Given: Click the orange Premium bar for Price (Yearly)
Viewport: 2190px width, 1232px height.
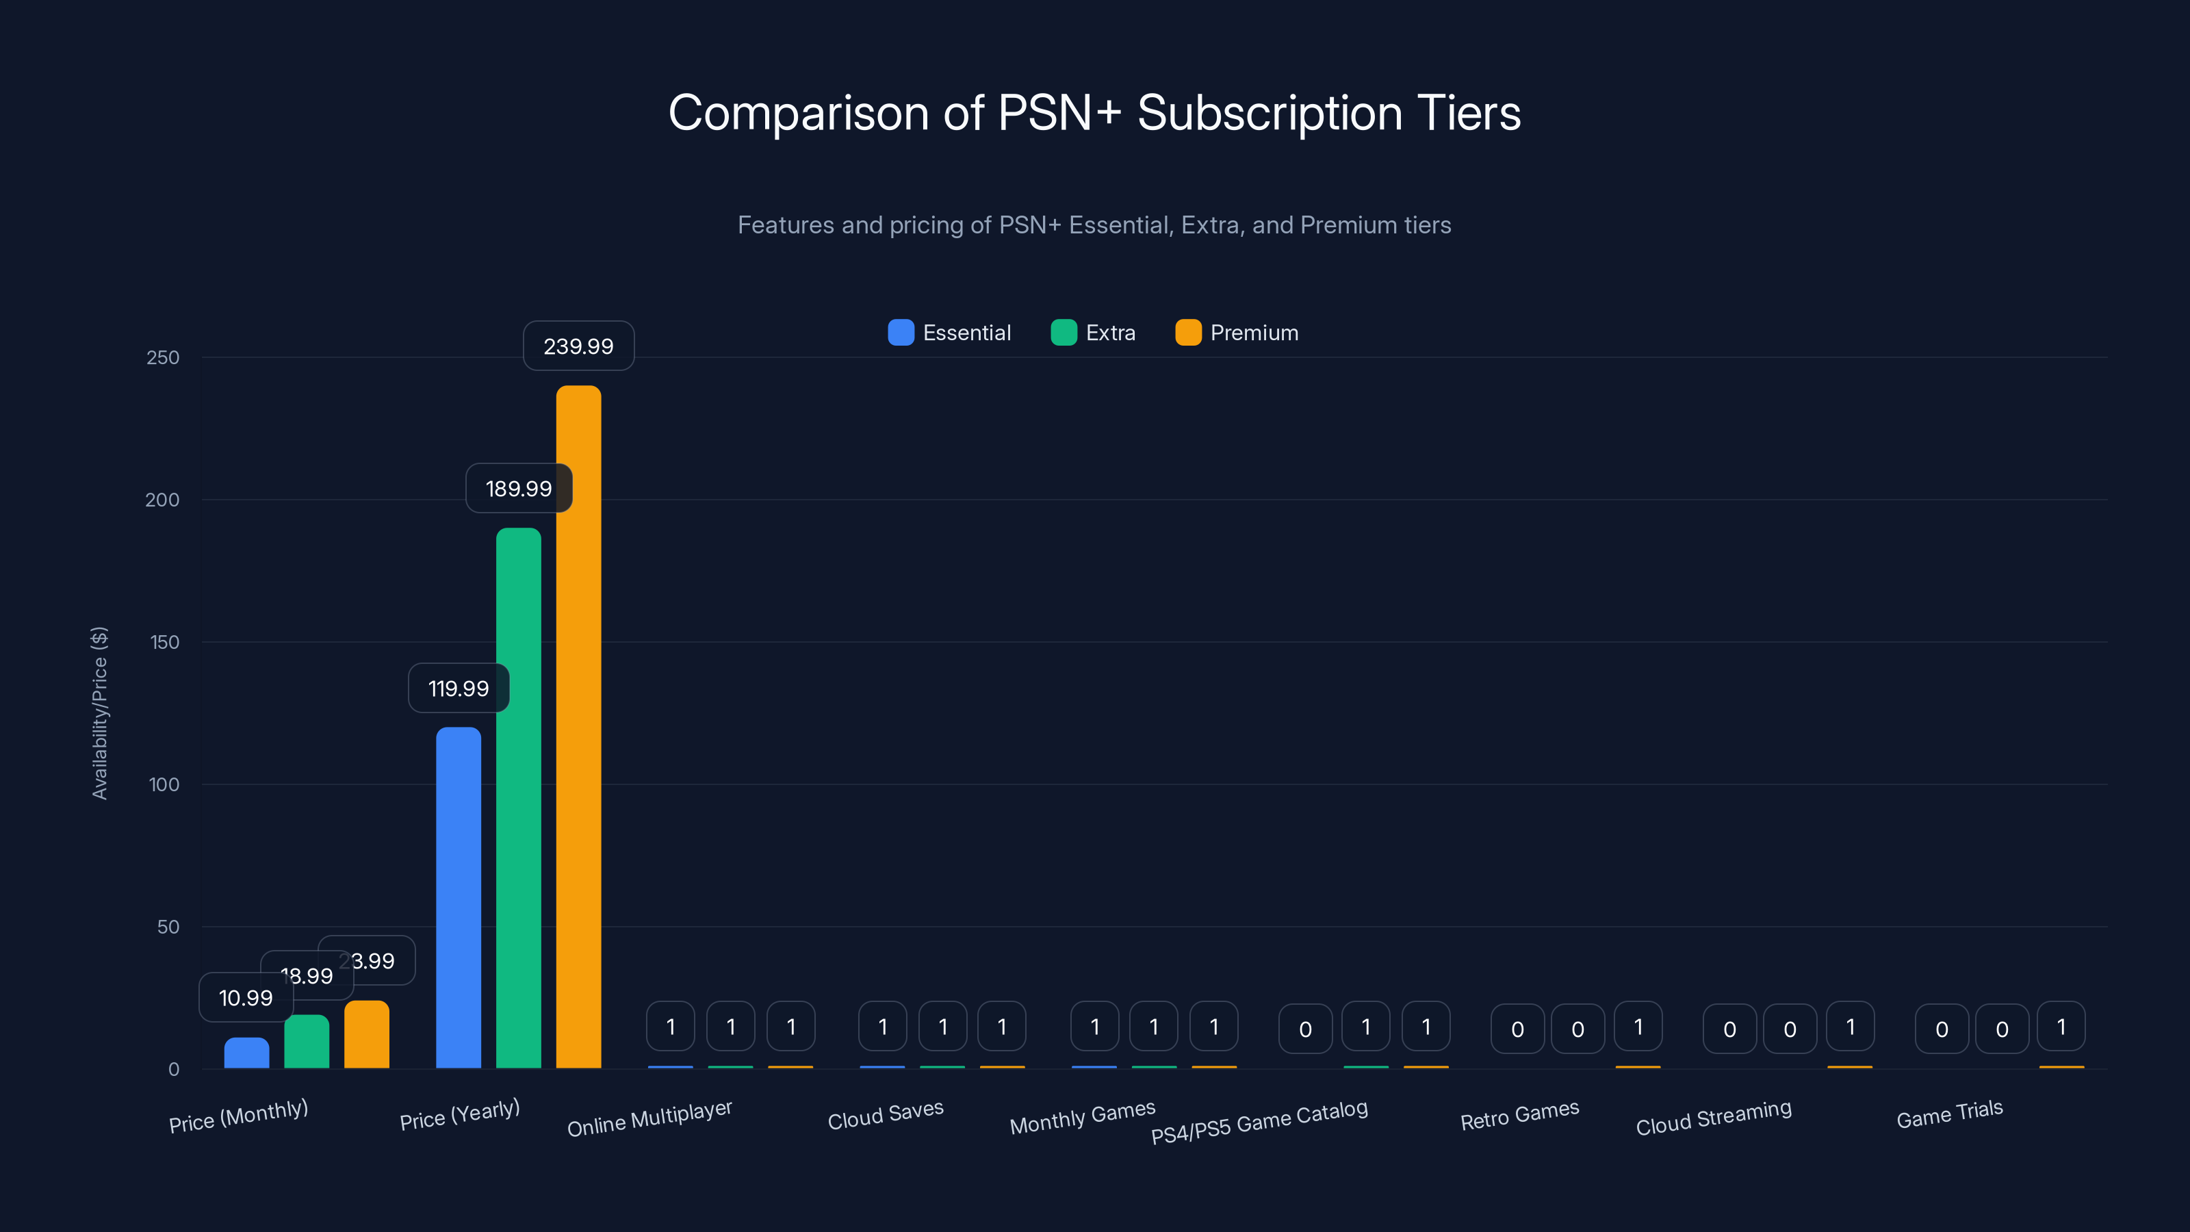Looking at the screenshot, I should (x=578, y=727).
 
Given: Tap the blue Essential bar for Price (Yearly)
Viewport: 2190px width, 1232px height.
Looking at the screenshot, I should (x=459, y=897).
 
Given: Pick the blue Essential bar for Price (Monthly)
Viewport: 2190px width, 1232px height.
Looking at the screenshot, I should (x=246, y=1053).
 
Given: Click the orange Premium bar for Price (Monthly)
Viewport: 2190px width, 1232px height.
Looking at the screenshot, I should (x=366, y=1035).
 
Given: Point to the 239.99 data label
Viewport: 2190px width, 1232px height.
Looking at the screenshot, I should (x=578, y=346).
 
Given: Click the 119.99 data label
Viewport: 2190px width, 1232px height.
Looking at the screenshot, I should (x=459, y=688).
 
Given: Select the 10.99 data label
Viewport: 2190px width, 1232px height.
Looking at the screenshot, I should (x=246, y=997).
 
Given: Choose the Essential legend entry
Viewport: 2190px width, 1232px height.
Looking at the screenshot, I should (x=950, y=333).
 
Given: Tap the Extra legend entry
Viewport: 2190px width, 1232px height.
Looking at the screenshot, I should (x=1094, y=333).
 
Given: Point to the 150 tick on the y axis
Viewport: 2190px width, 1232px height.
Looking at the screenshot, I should (x=165, y=642).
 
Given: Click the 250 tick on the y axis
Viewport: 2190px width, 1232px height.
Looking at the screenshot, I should (x=164, y=357).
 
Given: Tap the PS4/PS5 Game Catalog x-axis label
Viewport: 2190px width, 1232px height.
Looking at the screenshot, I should (x=1259, y=1122).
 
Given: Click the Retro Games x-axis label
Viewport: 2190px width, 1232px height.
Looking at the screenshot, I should (x=1519, y=1116).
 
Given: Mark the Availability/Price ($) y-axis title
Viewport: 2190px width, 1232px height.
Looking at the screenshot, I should (x=99, y=713).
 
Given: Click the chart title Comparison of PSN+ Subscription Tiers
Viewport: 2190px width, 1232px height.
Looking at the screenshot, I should (x=1094, y=112).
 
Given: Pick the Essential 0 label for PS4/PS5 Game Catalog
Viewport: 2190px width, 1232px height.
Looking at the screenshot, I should (x=1305, y=1029).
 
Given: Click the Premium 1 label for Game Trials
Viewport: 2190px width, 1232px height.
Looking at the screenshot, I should (x=2061, y=1027).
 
